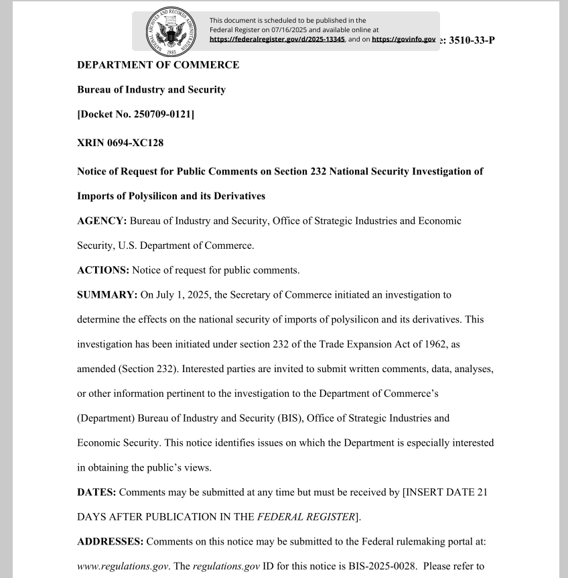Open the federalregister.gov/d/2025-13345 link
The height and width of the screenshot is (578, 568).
pyautogui.click(x=277, y=40)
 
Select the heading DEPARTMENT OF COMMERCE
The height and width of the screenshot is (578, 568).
pyautogui.click(x=158, y=65)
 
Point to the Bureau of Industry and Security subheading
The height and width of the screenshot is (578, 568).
pyautogui.click(x=151, y=90)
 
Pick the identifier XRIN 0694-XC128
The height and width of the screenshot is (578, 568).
pyautogui.click(x=120, y=143)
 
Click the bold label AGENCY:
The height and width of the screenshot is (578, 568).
pyautogui.click(x=102, y=221)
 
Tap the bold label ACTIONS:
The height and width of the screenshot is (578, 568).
pyautogui.click(x=103, y=270)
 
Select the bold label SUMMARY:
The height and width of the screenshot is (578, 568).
pyautogui.click(x=107, y=294)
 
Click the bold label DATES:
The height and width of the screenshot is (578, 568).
pyautogui.click(x=96, y=492)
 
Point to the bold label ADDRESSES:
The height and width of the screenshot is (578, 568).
pyautogui.click(x=110, y=541)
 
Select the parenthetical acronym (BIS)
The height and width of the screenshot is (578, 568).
pyautogui.click(x=285, y=418)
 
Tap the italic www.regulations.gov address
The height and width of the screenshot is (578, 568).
pyautogui.click(x=123, y=566)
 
